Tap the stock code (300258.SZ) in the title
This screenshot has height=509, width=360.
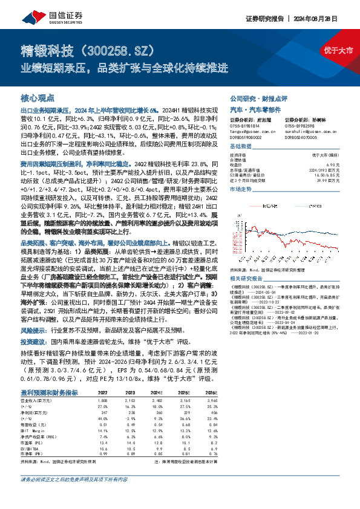pos(117,48)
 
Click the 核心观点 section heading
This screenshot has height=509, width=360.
pos(38,98)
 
